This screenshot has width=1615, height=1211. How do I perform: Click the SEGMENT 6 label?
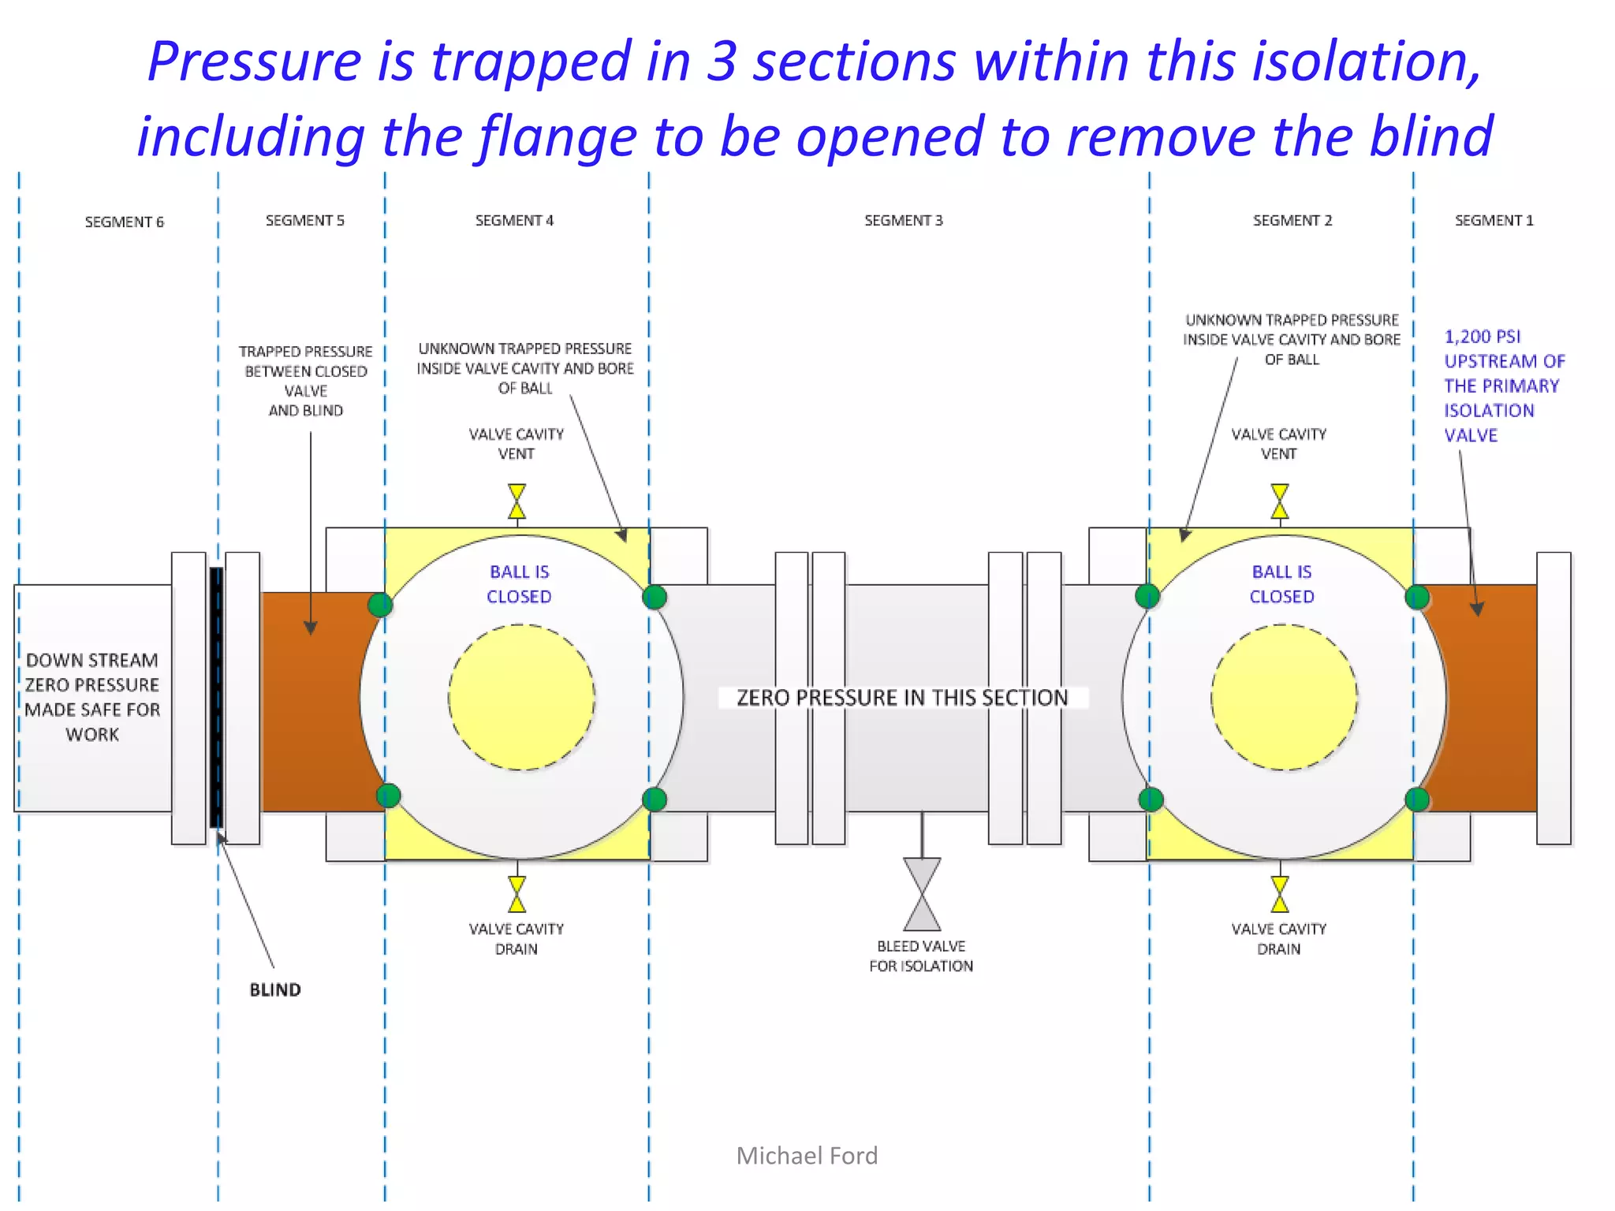click(x=124, y=222)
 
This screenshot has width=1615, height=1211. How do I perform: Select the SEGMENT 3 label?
click(x=903, y=221)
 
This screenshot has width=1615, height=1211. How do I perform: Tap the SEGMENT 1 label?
click(x=1494, y=221)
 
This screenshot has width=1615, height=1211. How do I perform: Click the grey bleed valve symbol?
click(x=922, y=894)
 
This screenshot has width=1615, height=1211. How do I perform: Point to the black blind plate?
click(x=216, y=697)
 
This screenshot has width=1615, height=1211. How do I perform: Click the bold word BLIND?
click(x=275, y=990)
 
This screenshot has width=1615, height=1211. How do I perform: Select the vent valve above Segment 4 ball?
click(x=517, y=502)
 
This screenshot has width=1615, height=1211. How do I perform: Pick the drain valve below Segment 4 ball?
click(x=517, y=894)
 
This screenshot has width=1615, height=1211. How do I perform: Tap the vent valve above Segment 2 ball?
click(x=1280, y=502)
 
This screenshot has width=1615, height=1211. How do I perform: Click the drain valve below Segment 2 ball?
click(x=1280, y=894)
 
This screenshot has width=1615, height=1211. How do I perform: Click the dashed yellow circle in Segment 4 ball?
click(x=521, y=697)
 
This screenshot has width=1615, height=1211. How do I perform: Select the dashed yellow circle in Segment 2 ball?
click(x=1284, y=697)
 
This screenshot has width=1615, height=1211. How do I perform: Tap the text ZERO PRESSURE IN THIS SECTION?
click(x=902, y=698)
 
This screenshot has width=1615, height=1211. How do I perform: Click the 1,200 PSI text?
click(x=1482, y=337)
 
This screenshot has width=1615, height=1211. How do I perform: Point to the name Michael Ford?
click(x=807, y=1156)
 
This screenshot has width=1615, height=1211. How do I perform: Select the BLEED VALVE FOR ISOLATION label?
click(x=921, y=956)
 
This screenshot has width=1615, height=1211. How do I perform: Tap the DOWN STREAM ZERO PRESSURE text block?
click(x=92, y=697)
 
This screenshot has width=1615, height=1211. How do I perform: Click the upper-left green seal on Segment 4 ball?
click(x=380, y=605)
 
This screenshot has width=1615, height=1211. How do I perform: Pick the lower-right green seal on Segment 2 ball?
click(x=1417, y=799)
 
